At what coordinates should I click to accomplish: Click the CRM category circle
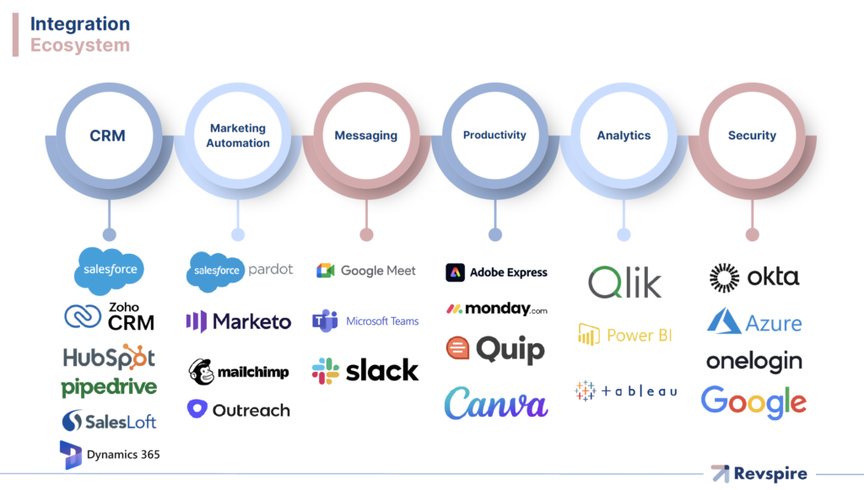pos(107,136)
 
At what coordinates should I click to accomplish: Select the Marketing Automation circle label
pos(238,136)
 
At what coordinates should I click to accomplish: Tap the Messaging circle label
pos(365,136)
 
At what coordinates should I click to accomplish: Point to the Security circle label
pos(752,136)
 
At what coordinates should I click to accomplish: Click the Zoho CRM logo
pos(110,316)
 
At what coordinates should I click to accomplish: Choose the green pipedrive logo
pos(109,388)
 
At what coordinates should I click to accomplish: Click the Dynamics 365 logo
pos(110,455)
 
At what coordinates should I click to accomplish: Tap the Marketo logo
pos(239,321)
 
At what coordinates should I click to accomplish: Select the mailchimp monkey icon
pos(202,372)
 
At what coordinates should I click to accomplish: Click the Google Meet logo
pos(366,271)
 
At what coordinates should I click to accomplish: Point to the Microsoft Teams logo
pos(365,321)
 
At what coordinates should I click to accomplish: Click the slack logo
pos(365,370)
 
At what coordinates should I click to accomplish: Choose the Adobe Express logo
pos(496,272)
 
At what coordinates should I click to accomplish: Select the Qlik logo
pos(625,283)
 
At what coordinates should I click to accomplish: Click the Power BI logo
pos(625,335)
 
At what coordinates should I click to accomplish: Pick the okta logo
pos(753,277)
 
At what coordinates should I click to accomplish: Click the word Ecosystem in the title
pos(80,45)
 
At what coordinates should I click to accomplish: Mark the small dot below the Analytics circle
pos(624,235)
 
